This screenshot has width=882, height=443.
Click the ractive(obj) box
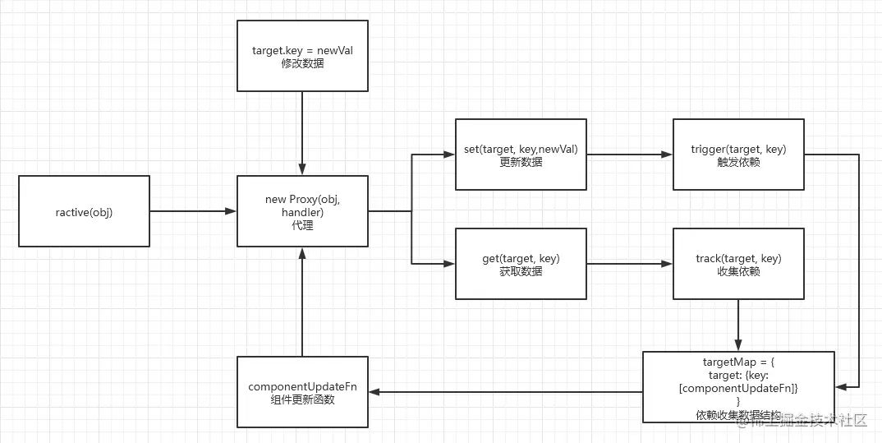84,211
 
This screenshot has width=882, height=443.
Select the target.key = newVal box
302,56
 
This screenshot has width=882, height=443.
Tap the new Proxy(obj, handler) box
302,211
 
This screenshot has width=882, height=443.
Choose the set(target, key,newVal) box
521,155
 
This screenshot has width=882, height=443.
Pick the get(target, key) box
521,264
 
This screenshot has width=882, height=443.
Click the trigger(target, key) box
738,155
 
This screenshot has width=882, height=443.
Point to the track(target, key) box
738,264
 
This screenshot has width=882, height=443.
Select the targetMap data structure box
738,386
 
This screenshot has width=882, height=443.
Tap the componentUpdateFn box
302,391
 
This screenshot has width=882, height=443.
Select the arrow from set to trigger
629,155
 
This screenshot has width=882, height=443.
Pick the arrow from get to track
629,264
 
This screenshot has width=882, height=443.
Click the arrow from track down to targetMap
738,325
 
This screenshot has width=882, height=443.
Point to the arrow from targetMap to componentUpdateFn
505,392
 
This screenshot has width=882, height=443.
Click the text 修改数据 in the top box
302,63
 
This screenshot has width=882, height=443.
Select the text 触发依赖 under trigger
738,162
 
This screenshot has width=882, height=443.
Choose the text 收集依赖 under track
738,271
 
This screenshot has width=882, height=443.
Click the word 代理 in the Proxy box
302,225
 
